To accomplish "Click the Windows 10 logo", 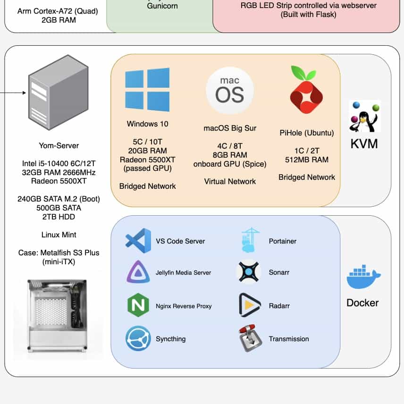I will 147,90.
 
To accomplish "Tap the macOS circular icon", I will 230,91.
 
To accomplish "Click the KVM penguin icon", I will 364,116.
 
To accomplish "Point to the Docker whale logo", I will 363,278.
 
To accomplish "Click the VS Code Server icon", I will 138,241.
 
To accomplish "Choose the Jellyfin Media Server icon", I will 138,272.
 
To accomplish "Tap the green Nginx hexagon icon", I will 138,305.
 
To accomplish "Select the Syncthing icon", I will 138,338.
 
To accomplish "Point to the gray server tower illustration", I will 50,97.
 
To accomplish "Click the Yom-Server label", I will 59,145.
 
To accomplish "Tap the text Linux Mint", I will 59,235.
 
